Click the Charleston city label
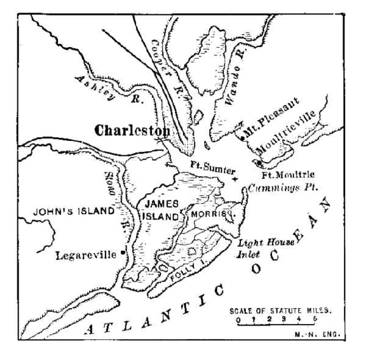pyautogui.click(x=131, y=131)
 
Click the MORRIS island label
pyautogui.click(x=211, y=215)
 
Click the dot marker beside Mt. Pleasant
pyautogui.click(x=243, y=139)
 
